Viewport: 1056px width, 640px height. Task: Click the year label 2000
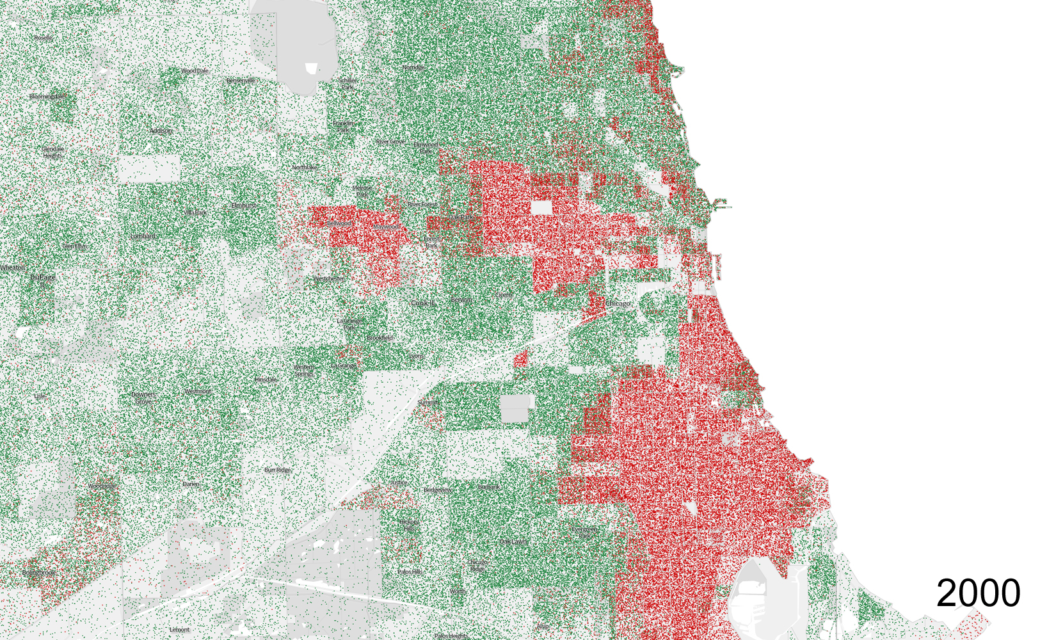(x=978, y=593)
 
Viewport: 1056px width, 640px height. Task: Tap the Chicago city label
(x=618, y=303)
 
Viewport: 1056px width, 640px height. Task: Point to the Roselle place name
(x=44, y=38)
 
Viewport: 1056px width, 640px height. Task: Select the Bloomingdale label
(x=47, y=97)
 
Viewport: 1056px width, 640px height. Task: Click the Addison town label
(x=161, y=131)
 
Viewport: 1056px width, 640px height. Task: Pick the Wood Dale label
(x=195, y=71)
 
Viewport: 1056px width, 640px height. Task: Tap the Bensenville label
(x=241, y=81)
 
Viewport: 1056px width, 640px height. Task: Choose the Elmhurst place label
(x=243, y=205)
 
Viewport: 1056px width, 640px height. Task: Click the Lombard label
(x=143, y=236)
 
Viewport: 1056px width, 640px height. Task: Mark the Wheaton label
(x=13, y=268)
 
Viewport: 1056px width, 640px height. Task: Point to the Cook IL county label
(x=423, y=303)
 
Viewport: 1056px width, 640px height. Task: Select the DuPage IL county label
(x=42, y=280)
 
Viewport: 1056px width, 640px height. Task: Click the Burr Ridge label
(x=277, y=470)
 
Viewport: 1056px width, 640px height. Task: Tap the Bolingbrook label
(x=38, y=573)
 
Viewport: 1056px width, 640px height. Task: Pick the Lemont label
(x=179, y=630)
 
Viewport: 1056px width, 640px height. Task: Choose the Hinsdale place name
(x=266, y=380)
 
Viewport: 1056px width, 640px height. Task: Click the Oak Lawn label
(x=514, y=542)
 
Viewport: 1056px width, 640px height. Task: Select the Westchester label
(x=328, y=279)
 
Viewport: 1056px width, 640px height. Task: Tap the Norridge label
(x=413, y=67)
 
